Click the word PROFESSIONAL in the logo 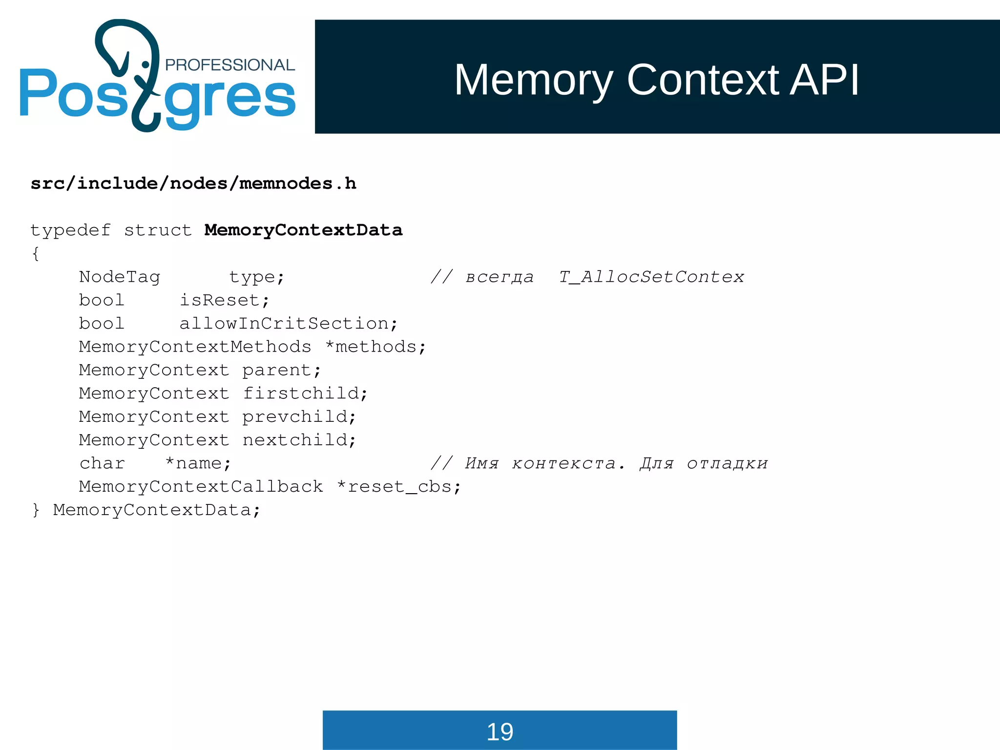pyautogui.click(x=229, y=65)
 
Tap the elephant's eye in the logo pyautogui.click(x=145, y=64)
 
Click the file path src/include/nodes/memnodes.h pyautogui.click(x=193, y=184)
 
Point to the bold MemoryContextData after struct pyautogui.click(x=303, y=230)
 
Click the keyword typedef pyautogui.click(x=70, y=230)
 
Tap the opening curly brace pyautogui.click(x=35, y=253)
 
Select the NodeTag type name pyautogui.click(x=120, y=277)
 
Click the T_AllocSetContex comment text pyautogui.click(x=651, y=277)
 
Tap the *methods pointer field pyautogui.click(x=375, y=347)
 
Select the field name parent pyautogui.click(x=281, y=370)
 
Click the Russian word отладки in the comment pyautogui.click(x=727, y=463)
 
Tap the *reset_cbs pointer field pyautogui.click(x=398, y=487)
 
